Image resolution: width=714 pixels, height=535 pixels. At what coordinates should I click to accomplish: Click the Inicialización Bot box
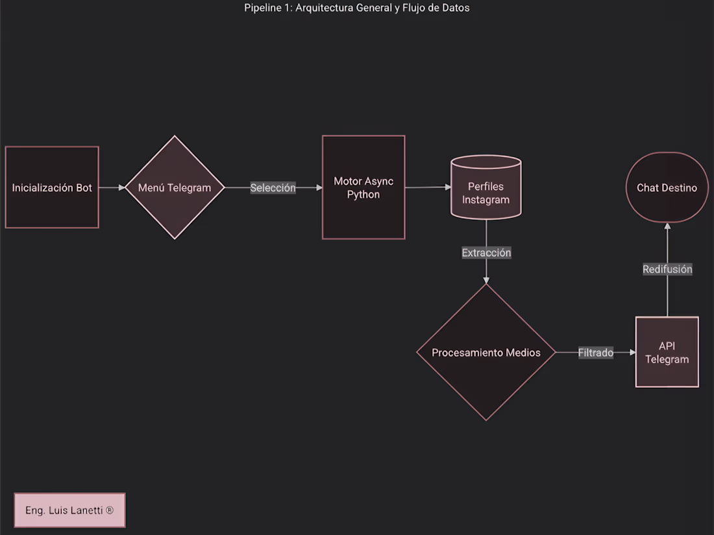52,187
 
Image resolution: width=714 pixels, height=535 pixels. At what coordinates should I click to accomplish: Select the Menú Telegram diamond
175,187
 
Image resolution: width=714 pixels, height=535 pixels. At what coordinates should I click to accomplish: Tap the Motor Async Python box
363,187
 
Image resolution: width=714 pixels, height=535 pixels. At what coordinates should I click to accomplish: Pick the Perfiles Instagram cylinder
486,187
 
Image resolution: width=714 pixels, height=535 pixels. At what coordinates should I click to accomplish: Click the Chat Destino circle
667,187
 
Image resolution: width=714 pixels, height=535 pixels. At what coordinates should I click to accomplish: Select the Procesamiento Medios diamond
486,352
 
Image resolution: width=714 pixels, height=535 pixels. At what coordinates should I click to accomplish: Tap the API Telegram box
667,352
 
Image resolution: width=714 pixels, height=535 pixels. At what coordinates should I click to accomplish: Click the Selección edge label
273,187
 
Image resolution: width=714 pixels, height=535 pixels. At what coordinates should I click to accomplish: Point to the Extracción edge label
486,252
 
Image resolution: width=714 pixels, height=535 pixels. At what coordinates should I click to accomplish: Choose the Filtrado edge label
596,353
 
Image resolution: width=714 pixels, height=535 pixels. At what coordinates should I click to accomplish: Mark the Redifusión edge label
667,269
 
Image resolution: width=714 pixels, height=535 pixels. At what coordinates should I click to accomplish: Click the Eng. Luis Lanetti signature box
69,510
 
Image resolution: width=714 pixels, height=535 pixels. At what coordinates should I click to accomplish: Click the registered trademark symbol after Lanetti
109,510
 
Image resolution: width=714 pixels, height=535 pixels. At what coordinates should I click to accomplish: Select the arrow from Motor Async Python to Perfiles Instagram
428,187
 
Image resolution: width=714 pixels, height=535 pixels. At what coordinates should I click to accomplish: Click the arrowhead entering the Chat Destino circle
667,226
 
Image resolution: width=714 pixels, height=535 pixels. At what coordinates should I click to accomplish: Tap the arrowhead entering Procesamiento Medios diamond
486,280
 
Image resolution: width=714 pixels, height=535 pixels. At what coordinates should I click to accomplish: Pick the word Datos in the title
456,8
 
